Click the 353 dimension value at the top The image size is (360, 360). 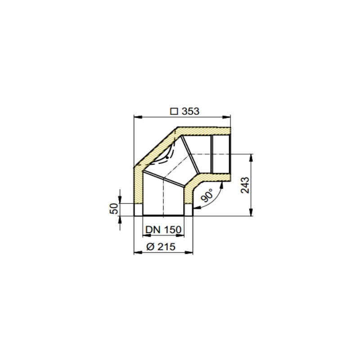click(x=190, y=111)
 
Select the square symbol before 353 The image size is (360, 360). click(x=174, y=111)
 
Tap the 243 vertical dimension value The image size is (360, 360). click(x=245, y=185)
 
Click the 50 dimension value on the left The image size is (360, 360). click(x=114, y=208)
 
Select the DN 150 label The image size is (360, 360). click(x=163, y=230)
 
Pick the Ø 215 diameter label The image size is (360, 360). click(x=161, y=246)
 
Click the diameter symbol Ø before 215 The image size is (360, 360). click(x=150, y=246)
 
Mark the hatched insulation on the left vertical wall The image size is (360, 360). click(x=138, y=189)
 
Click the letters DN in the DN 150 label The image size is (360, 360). click(x=153, y=230)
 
